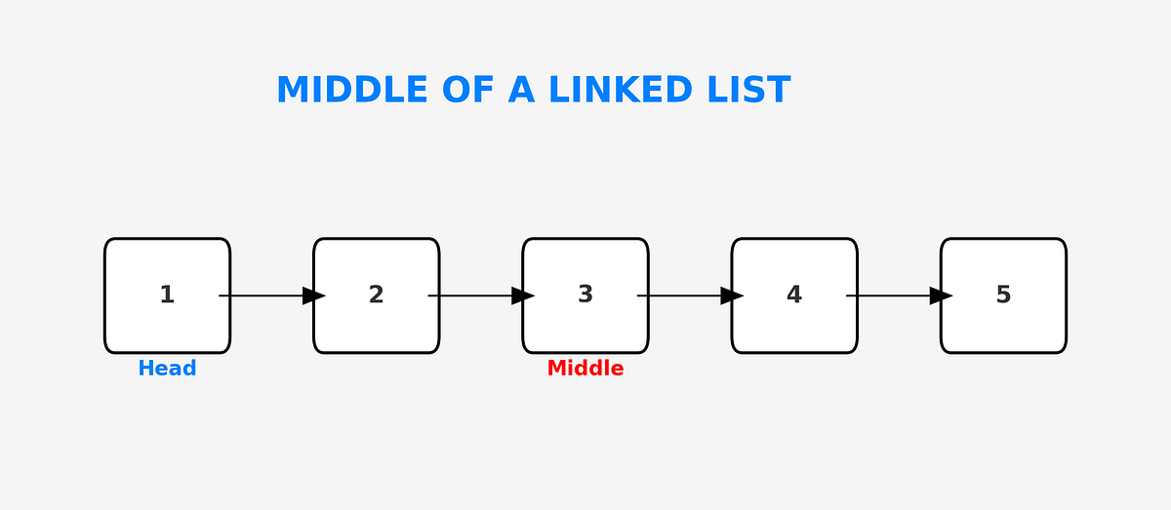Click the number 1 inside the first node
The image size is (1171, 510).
[167, 294]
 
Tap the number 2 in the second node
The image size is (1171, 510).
[376, 294]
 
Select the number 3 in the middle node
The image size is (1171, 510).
[585, 294]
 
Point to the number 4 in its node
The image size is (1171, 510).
[794, 294]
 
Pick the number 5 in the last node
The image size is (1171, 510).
[1003, 294]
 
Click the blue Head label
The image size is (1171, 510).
[167, 369]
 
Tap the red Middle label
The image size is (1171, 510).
[585, 369]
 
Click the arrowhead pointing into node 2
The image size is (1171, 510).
[313, 295]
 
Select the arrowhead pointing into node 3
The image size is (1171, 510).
[522, 295]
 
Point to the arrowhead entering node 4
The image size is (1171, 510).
[732, 295]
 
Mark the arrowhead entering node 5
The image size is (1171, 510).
[941, 295]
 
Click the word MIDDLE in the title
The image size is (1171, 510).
[351, 90]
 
